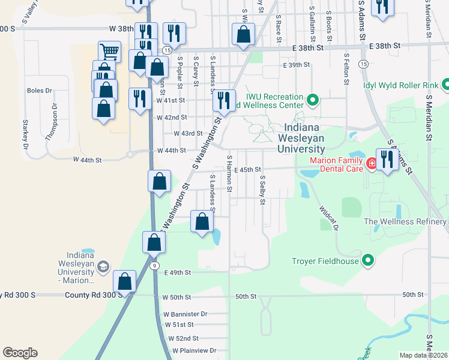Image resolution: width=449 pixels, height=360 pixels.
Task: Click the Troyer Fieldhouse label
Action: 325,260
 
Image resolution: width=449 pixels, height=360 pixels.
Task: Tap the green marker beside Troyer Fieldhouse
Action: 369,260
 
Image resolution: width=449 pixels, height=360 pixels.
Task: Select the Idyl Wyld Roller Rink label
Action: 400,85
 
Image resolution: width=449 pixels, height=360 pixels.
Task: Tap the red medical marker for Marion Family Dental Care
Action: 372,163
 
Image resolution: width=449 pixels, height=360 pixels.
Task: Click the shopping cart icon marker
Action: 109,50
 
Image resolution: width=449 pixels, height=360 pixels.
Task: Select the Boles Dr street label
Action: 40,91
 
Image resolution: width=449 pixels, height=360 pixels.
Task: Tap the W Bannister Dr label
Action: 185,314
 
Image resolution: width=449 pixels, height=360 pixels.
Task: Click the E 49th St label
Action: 178,272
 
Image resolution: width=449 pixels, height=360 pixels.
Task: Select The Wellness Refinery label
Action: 406,221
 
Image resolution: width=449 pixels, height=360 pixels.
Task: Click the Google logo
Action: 20,353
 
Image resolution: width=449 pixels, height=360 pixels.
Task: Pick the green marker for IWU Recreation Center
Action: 312,99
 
